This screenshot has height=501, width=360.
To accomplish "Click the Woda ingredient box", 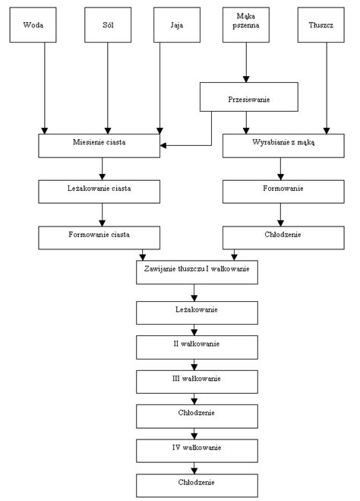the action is [33, 25].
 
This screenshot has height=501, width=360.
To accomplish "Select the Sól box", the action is [108, 25].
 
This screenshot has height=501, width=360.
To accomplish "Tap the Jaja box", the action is [177, 25].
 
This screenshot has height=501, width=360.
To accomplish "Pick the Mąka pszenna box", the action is [246, 25].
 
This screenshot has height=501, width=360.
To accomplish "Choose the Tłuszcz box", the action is [321, 25].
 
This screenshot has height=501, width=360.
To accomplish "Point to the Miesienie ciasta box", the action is [99, 146].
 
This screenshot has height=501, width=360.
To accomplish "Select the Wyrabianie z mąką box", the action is [283, 146].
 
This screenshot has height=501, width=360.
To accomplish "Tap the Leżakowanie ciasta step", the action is [99, 192].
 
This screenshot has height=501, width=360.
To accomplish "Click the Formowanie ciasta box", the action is [99, 238].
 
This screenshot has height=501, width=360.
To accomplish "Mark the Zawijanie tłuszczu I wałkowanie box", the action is [197, 272].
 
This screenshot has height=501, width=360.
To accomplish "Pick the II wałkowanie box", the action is [197, 347].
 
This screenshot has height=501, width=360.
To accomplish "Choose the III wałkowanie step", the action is [197, 382].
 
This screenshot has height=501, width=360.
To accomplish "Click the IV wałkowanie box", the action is [197, 451].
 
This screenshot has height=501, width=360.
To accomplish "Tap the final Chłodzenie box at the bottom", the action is [197, 486].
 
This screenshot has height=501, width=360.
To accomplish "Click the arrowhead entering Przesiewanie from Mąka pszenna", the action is [246, 79].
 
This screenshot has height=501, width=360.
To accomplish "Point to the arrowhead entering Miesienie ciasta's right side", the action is [163, 146].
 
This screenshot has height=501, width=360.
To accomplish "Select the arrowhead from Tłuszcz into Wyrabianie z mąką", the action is [327, 131].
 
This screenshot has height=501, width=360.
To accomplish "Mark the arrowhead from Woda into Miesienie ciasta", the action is [44, 131].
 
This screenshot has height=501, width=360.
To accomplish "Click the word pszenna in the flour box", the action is [246, 26].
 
